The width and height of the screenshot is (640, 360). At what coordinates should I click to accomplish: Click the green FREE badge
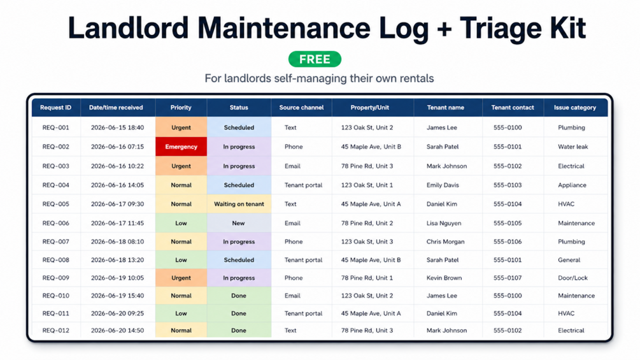point(315,59)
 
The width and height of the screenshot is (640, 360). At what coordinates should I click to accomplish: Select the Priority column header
point(181,108)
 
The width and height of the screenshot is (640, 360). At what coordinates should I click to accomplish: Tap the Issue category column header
point(574,108)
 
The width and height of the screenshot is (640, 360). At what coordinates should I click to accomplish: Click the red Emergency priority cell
point(181,147)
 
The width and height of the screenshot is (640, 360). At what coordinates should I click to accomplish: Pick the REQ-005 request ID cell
point(56,204)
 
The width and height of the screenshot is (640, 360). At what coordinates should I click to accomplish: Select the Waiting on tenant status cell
point(239,204)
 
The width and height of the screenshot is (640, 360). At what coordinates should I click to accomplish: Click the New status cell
point(239,223)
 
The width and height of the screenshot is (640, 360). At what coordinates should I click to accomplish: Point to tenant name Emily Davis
point(443,185)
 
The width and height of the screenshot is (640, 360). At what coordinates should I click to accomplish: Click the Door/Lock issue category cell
point(572,278)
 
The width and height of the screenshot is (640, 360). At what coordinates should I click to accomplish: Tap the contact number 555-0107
point(508,278)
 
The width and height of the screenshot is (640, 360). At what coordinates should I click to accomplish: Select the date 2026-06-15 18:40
point(117,128)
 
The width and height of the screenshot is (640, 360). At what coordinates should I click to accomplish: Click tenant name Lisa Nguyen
point(444,223)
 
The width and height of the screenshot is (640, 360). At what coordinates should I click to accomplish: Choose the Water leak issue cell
point(572,147)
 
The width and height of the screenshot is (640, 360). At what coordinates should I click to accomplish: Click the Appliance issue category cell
point(572,185)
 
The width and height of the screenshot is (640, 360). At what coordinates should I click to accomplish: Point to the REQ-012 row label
point(56,331)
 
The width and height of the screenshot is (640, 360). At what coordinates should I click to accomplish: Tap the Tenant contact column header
point(512,108)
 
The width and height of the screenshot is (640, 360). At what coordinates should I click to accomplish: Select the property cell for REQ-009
point(367,278)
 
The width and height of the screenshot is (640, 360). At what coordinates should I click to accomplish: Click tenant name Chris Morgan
point(445,241)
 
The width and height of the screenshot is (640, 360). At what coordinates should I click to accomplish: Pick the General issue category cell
point(569,260)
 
